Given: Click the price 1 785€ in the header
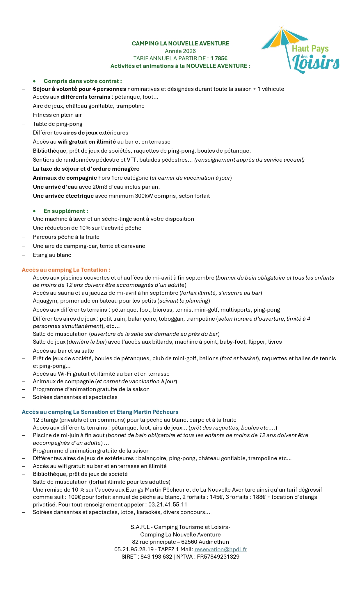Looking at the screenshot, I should click(219, 59).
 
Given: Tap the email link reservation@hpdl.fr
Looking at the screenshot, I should click(220, 549).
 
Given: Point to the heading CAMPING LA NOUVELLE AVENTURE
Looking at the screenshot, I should click(180, 44).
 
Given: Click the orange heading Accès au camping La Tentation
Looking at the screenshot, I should click(66, 270).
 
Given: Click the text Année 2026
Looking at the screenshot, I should click(180, 51).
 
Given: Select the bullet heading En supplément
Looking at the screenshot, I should click(66, 211).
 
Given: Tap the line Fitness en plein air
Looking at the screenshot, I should click(57, 115).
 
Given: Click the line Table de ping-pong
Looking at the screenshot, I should click(58, 124).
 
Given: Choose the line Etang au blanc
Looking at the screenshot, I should click(52, 255).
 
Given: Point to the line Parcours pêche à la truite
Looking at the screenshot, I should click(66, 237).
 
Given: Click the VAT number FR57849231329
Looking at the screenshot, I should click(218, 557).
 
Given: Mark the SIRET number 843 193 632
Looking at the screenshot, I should click(156, 557).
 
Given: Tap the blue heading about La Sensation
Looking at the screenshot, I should click(100, 412).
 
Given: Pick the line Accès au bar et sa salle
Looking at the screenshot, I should click(63, 351).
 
